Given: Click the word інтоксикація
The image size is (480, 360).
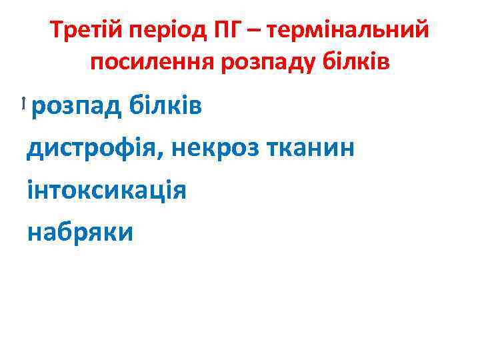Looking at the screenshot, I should (x=107, y=190).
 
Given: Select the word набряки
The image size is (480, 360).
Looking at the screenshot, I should (x=80, y=232).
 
